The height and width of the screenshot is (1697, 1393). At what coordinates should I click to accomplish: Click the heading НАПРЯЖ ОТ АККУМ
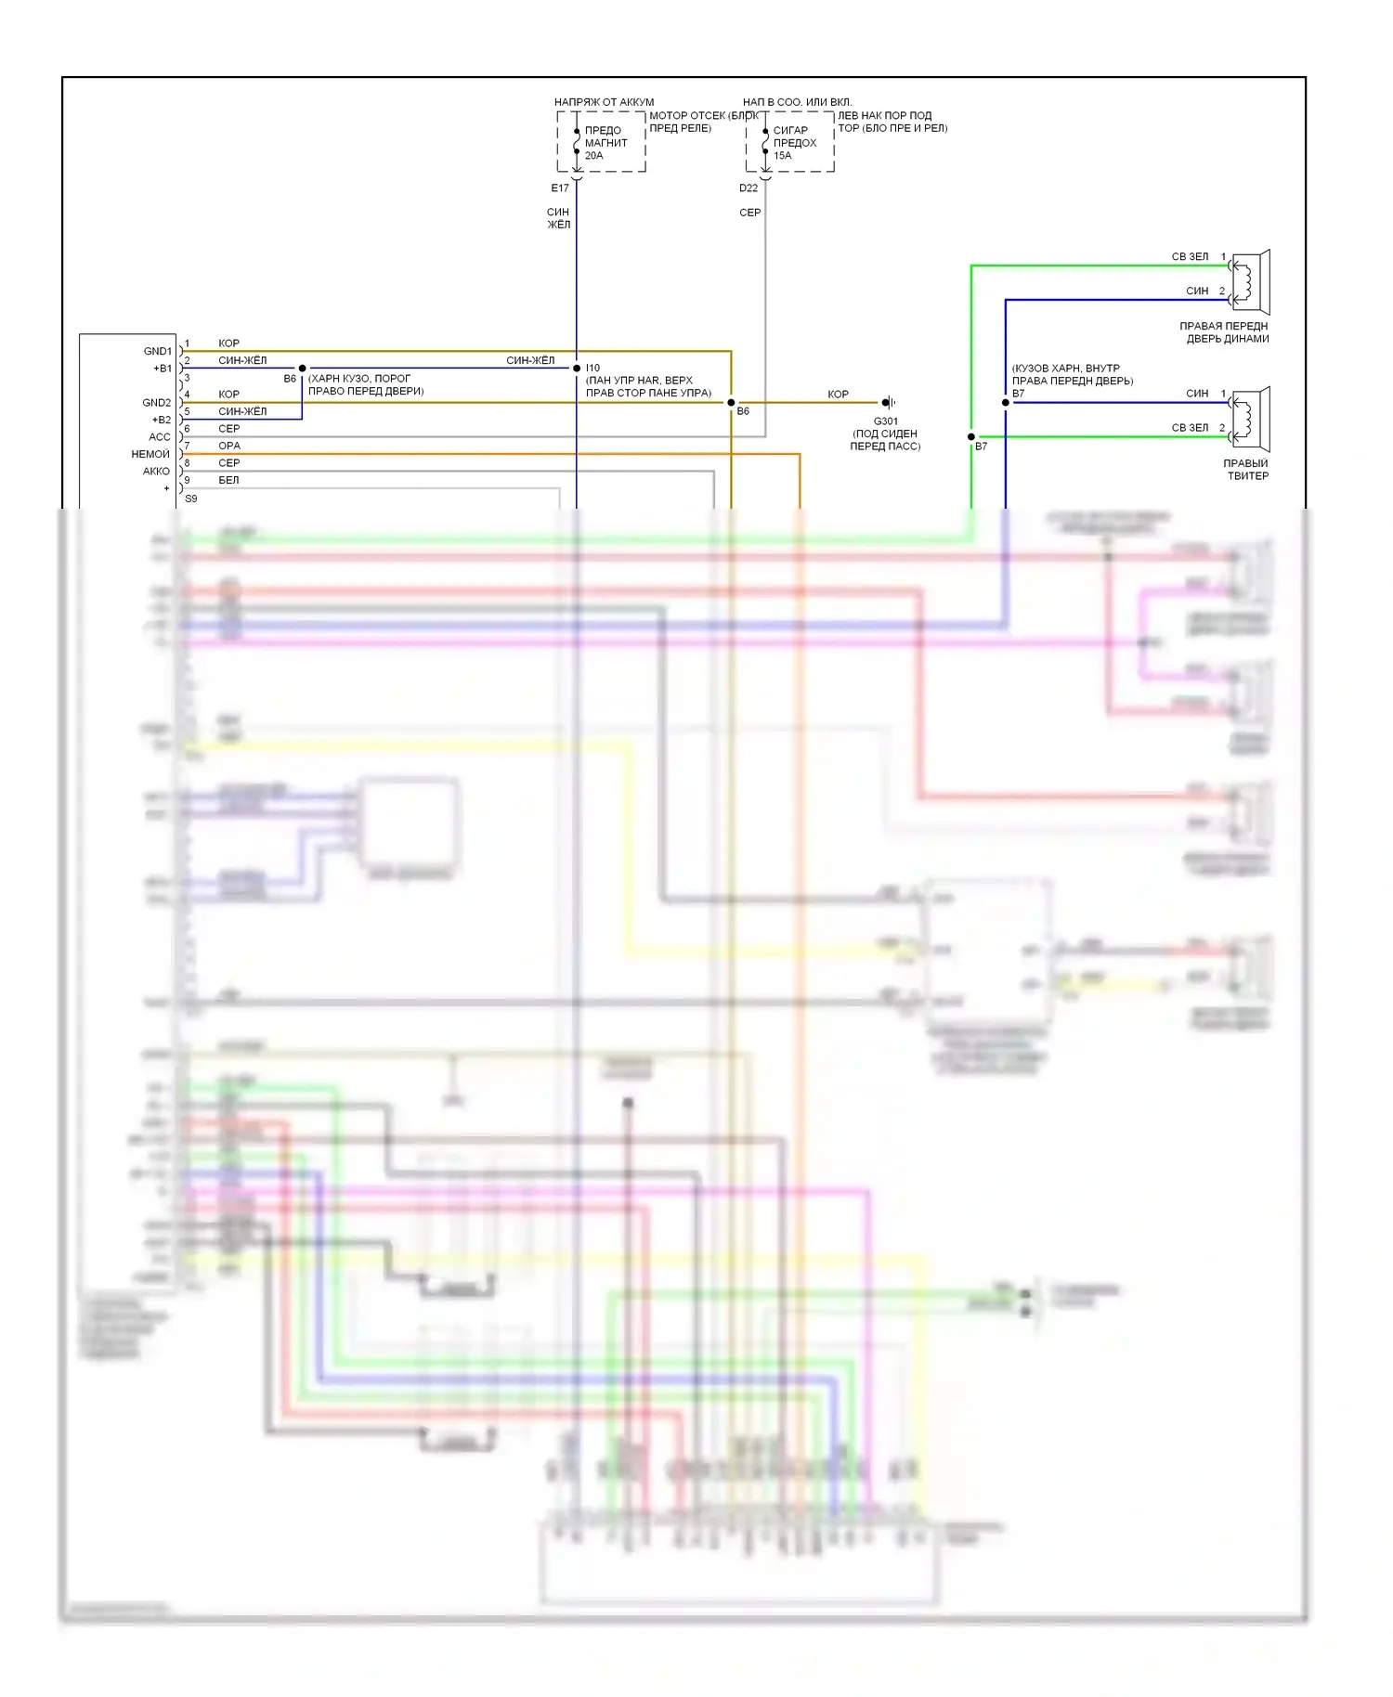(x=604, y=102)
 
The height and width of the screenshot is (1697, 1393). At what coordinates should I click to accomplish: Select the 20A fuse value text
(x=594, y=156)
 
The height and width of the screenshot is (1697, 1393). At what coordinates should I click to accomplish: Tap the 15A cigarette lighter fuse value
(x=783, y=156)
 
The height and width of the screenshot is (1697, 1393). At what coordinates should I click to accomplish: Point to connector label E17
(x=560, y=188)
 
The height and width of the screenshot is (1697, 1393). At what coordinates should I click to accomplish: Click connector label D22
(x=749, y=188)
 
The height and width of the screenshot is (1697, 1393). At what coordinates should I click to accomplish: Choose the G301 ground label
(x=885, y=421)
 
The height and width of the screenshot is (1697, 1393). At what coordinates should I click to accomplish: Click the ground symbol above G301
(x=889, y=403)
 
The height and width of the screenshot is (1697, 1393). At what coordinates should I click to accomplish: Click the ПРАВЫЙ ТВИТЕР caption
(x=1246, y=470)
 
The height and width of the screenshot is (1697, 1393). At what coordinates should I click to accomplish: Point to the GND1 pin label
(x=158, y=352)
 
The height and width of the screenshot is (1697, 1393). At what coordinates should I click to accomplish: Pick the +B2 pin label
(x=162, y=421)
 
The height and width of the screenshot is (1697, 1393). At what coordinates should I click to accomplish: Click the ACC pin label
(x=160, y=437)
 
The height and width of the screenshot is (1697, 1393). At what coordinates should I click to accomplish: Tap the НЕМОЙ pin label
(x=150, y=455)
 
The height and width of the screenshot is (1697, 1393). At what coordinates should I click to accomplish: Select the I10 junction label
(x=592, y=369)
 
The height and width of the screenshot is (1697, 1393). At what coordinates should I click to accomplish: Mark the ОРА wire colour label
(x=229, y=447)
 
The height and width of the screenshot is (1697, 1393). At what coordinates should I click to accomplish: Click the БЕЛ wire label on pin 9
(x=228, y=481)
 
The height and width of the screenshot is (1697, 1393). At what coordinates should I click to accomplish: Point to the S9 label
(x=191, y=499)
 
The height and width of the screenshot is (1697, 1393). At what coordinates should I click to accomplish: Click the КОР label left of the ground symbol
(x=838, y=395)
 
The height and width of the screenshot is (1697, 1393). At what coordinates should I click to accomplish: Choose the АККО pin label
(x=156, y=472)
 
